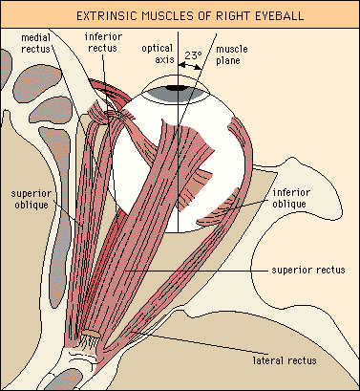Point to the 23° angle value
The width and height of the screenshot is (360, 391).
point(194,56)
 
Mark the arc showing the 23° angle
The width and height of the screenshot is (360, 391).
point(194,67)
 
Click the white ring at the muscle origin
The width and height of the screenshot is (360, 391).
point(87,339)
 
